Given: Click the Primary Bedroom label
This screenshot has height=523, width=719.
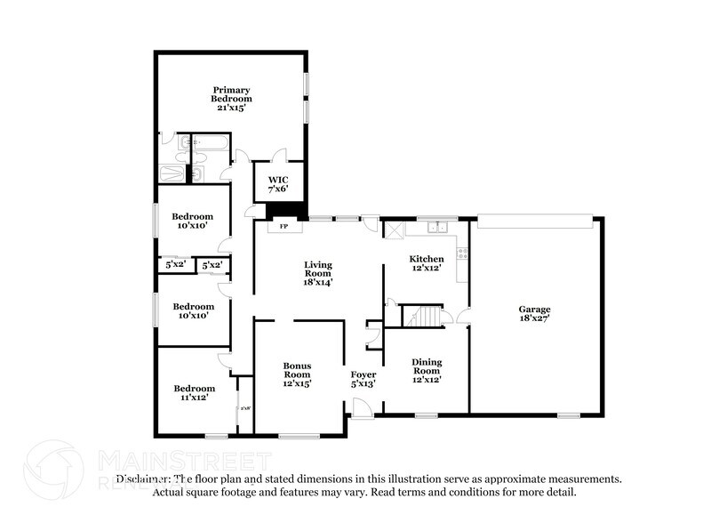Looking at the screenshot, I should pyautogui.click(x=230, y=99).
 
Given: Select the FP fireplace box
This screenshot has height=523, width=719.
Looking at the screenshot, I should pyautogui.click(x=284, y=227).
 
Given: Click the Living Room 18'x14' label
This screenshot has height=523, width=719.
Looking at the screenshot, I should pyautogui.click(x=317, y=273).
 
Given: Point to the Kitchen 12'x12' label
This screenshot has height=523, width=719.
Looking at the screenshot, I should pyautogui.click(x=426, y=264).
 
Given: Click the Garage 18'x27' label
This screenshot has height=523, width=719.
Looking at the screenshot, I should pyautogui.click(x=534, y=314).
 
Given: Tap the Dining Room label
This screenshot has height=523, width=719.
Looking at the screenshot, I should pyautogui.click(x=426, y=371).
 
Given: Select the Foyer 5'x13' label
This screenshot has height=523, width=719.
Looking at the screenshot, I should pyautogui.click(x=363, y=380).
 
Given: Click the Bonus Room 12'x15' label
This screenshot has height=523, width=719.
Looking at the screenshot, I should pyautogui.click(x=297, y=374).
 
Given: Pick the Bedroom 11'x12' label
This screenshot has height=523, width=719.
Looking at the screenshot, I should pyautogui.click(x=194, y=393).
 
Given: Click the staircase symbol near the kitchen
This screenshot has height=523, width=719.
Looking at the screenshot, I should pyautogui.click(x=422, y=316).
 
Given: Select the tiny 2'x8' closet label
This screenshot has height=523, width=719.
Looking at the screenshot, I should pyautogui.click(x=244, y=408).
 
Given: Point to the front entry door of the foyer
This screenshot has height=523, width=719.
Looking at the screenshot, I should pyautogui.click(x=362, y=408).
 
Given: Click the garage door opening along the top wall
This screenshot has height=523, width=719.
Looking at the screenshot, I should pyautogui.click(x=534, y=216).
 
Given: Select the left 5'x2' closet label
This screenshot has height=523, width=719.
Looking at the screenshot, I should pyautogui.click(x=174, y=265).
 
